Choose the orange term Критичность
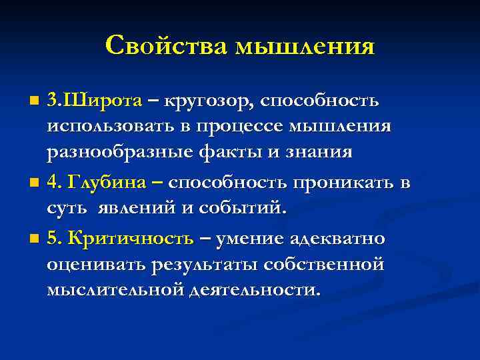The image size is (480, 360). pos(131,239)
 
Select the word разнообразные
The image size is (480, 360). pos(120,153)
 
